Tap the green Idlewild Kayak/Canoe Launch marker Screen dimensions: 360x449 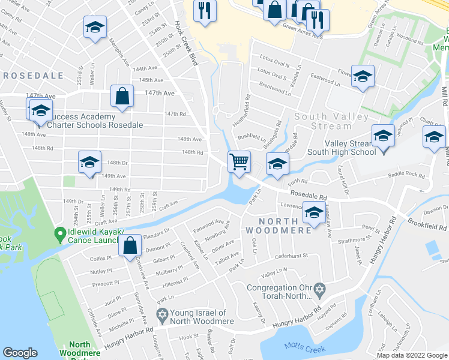pos(59,233)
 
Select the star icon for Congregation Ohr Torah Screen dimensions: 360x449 pos(320,289)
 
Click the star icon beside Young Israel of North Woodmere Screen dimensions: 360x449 pos(161,314)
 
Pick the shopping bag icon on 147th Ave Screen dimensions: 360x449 pos(122,97)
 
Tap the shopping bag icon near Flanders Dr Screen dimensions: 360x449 pos(130,245)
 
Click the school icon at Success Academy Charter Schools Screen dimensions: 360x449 pos(41,112)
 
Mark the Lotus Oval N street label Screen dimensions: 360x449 pos(274,65)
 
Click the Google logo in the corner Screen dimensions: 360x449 pos(20,353)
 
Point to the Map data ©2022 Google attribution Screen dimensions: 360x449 pos(412,355)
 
